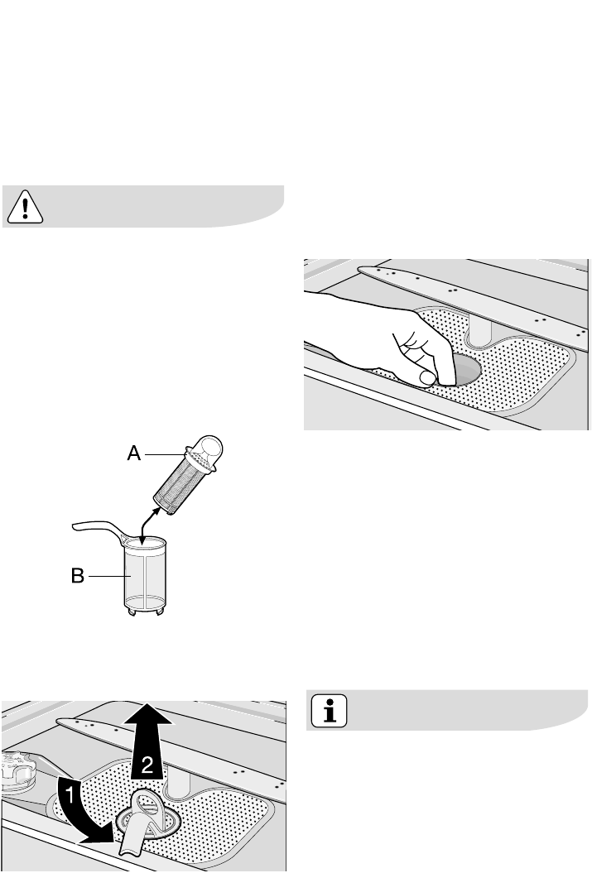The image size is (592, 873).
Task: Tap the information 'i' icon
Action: click(x=329, y=710)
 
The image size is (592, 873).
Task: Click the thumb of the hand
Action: click(x=427, y=378)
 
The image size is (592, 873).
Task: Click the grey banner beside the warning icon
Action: click(x=166, y=205)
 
